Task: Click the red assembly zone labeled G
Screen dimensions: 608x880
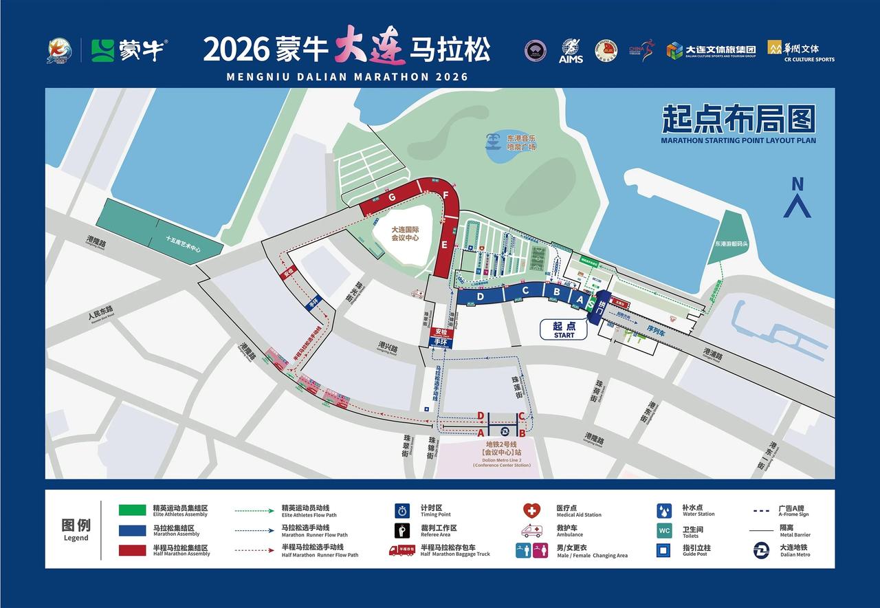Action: click(393, 197)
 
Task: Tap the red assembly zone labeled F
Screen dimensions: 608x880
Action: click(445, 196)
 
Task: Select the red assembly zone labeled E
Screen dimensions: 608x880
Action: click(444, 244)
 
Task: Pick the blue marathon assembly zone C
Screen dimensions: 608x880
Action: click(525, 291)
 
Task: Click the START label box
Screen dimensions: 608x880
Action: click(564, 330)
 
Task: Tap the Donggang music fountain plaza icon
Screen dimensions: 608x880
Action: click(492, 141)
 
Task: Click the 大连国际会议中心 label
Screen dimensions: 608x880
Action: click(404, 235)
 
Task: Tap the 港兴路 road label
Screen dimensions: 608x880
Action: click(388, 346)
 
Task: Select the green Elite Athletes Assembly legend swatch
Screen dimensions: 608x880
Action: click(132, 510)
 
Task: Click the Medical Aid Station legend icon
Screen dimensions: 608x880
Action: click(531, 510)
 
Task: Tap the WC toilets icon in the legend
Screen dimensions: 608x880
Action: click(664, 531)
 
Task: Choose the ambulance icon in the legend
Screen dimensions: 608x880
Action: click(531, 531)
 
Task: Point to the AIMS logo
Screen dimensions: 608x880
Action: click(571, 51)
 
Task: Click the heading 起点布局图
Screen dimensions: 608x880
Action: click(738, 119)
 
